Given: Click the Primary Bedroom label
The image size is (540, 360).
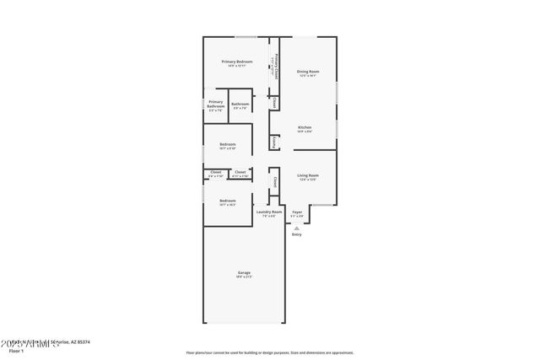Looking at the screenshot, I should pyautogui.click(x=238, y=62).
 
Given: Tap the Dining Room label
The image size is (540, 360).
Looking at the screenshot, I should pyautogui.click(x=308, y=72).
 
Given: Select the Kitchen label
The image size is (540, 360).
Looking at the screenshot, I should pyautogui.click(x=305, y=127).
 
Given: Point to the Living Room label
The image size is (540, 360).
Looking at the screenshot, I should pyautogui.click(x=307, y=175).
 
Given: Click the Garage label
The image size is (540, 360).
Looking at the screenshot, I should pyautogui.click(x=244, y=272).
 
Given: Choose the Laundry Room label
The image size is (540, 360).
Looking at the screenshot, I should pyautogui.click(x=269, y=212).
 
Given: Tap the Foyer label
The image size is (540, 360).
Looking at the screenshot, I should pyautogui.click(x=297, y=212).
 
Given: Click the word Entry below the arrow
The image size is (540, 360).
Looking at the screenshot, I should pyautogui.click(x=296, y=234).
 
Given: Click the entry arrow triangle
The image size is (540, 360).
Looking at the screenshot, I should pyautogui.click(x=296, y=226).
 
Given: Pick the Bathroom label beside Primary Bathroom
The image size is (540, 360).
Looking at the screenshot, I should pyautogui.click(x=240, y=104).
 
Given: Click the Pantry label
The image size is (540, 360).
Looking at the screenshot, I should pyautogui.click(x=275, y=143).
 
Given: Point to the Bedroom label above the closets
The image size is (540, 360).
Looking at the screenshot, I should pyautogui.click(x=228, y=145).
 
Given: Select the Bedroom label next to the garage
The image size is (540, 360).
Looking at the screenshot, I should pyautogui.click(x=228, y=200).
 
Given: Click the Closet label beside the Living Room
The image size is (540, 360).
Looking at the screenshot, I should pyautogui.click(x=275, y=180).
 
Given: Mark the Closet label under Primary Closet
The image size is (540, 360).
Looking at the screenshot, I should pyautogui.click(x=275, y=102).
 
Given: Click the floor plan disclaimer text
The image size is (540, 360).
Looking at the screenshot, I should pyautogui.click(x=269, y=352).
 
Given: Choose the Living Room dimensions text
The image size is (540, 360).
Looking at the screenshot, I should pyautogui.click(x=307, y=180).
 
